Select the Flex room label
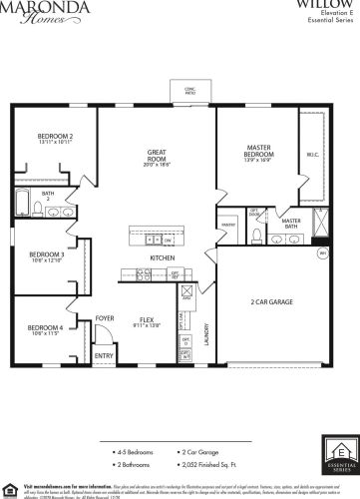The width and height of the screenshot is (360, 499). (148, 321)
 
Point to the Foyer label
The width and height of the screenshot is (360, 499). (105, 319)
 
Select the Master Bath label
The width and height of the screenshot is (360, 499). (291, 224)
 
